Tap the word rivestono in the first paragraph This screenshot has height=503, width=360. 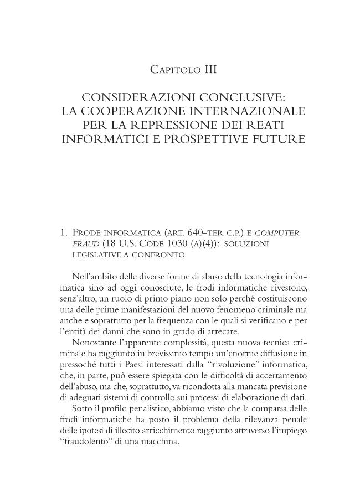(286, 288)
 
